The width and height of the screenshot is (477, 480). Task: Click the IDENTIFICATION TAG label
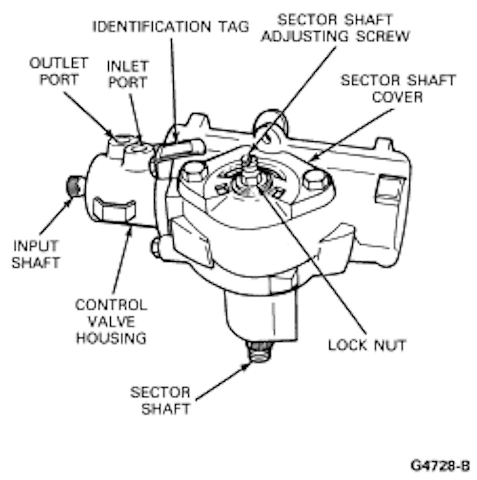point(171,26)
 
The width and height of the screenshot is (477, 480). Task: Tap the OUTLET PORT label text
point(59,71)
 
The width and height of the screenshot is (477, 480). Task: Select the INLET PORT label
point(127,74)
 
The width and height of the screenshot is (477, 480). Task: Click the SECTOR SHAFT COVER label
point(398,88)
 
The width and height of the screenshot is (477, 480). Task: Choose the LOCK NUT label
point(367,345)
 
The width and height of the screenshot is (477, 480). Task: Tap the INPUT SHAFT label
point(36,254)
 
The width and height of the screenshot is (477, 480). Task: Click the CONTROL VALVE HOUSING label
point(111,321)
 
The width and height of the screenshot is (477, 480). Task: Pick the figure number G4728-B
point(440,466)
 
